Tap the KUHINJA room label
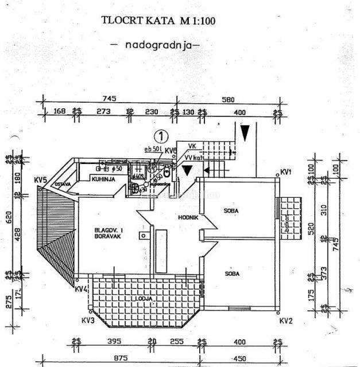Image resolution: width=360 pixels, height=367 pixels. pyautogui.click(x=104, y=179)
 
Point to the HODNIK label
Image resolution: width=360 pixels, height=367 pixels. pyautogui.click(x=189, y=217)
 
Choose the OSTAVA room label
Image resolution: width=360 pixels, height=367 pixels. pyautogui.click(x=63, y=184)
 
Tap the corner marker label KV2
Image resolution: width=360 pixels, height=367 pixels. pyautogui.click(x=287, y=321)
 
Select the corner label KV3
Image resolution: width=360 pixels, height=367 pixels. pyautogui.click(x=87, y=321)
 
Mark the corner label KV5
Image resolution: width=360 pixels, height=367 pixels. pyautogui.click(x=40, y=177)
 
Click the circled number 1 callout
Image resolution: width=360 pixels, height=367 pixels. pyautogui.click(x=162, y=136)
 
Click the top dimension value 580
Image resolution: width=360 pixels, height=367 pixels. pyautogui.click(x=229, y=99)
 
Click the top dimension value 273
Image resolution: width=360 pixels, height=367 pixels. pyautogui.click(x=103, y=111)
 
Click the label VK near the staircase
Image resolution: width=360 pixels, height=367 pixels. pyautogui.click(x=192, y=146)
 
